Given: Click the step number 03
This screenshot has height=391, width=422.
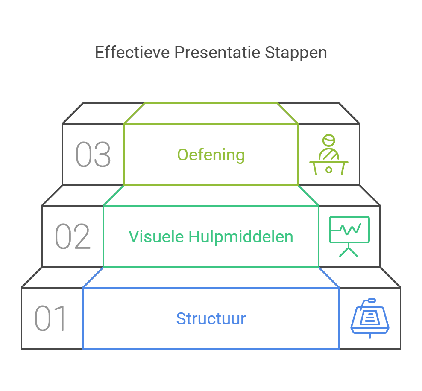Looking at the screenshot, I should [x=93, y=155].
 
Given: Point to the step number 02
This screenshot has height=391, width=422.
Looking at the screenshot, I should [x=73, y=236].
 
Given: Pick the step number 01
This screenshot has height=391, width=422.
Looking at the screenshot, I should [x=50, y=318].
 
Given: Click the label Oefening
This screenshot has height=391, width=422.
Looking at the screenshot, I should [x=211, y=155].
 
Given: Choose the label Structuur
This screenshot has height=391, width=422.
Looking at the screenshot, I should [x=211, y=319].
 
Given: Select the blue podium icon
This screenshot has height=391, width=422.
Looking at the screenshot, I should [x=370, y=318].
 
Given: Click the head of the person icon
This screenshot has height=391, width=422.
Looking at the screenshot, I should [x=328, y=140].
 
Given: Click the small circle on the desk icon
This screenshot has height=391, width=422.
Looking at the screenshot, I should [x=328, y=169].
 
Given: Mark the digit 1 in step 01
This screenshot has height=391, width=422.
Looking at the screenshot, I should [x=60, y=318].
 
